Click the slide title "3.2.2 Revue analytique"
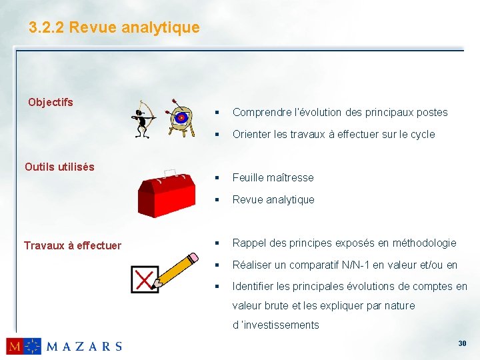pos(114,27)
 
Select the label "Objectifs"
pos(51,102)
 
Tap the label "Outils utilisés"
pos(59,167)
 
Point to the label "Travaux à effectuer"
pos(73,245)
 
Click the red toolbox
pos(167,193)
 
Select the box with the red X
pos(145,279)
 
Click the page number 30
pos(462,343)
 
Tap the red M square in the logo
pos(15,346)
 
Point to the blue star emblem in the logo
pos(32,346)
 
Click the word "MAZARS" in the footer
pos(84,346)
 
